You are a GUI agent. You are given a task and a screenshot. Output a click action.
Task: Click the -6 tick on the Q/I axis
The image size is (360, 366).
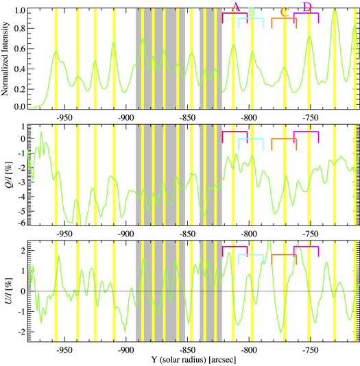(x=21, y=223)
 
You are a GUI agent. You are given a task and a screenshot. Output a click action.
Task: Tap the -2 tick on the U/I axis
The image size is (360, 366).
(x=21, y=331)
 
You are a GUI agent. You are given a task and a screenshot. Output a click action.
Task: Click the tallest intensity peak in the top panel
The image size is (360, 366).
(x=335, y=12)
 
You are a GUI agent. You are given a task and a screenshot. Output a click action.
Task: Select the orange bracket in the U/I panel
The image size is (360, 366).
(x=284, y=256)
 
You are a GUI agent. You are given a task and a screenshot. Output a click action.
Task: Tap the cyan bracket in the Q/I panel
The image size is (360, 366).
(x=251, y=139)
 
